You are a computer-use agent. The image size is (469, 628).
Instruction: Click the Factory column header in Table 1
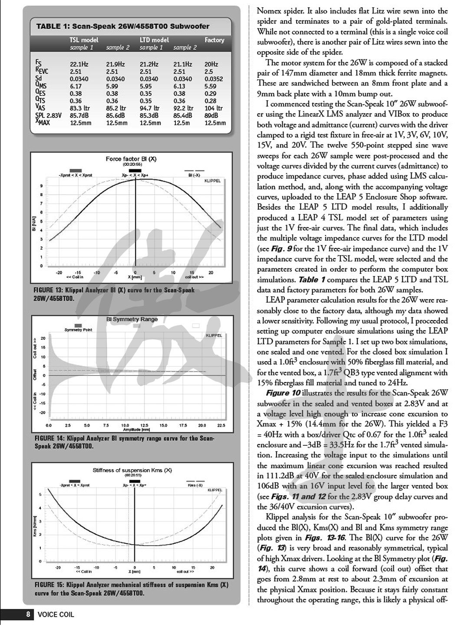(x=215, y=40)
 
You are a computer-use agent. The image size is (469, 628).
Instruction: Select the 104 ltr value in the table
(x=214, y=108)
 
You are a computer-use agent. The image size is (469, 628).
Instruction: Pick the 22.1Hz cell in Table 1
(x=79, y=64)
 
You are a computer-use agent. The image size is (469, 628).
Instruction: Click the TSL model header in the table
(x=84, y=40)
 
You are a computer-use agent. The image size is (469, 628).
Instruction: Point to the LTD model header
(x=154, y=40)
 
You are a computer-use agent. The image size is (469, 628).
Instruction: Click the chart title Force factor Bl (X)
(x=131, y=159)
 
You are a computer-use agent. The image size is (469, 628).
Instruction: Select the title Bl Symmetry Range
(x=132, y=319)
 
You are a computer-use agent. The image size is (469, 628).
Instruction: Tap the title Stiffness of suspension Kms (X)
(x=132, y=470)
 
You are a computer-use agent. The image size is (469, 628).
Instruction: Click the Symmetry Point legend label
(x=78, y=330)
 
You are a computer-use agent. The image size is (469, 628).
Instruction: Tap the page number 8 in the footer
(x=27, y=614)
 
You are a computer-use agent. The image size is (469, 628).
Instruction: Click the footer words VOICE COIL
(x=56, y=615)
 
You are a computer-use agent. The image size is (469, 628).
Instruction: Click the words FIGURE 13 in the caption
(x=49, y=290)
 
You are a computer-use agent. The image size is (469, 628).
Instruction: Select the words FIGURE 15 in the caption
(x=50, y=585)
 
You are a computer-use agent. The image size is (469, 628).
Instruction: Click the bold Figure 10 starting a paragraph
(x=283, y=393)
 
